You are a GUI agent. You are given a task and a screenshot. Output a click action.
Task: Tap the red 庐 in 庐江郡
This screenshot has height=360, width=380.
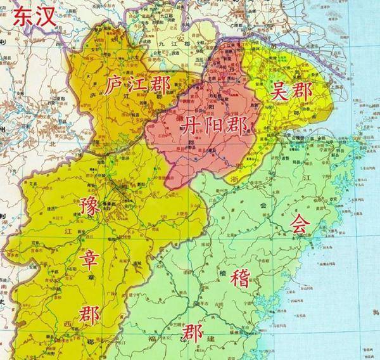tap(115, 85)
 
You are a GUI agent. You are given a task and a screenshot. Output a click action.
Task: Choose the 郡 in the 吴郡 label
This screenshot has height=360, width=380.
tap(303, 93)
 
